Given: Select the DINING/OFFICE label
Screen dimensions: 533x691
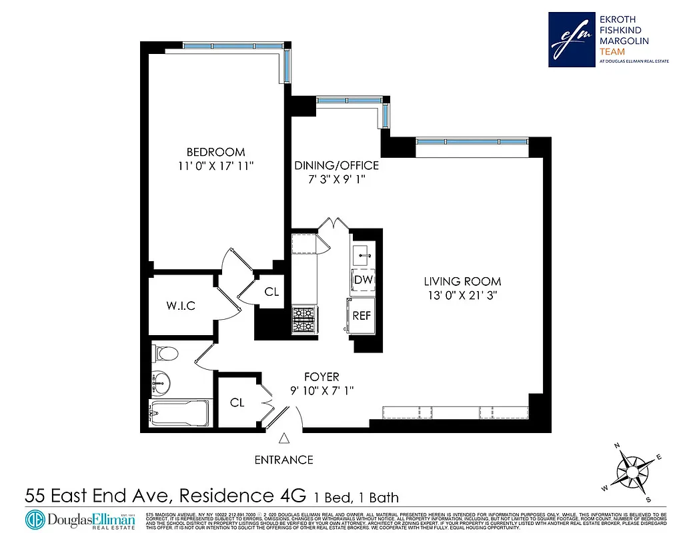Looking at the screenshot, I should pyautogui.click(x=337, y=166).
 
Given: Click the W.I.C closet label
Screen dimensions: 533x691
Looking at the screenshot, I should pyautogui.click(x=181, y=306).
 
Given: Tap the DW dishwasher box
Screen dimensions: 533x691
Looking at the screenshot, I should pyautogui.click(x=363, y=280).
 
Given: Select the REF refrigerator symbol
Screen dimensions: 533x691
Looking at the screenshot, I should pyautogui.click(x=362, y=316).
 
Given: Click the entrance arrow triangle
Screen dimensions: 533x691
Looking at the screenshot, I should pyautogui.click(x=284, y=438).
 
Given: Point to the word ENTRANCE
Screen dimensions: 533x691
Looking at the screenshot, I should pyautogui.click(x=284, y=460).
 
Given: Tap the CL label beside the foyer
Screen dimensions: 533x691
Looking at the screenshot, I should pyautogui.click(x=237, y=402).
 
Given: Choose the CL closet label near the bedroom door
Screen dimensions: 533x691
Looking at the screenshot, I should pyautogui.click(x=271, y=292).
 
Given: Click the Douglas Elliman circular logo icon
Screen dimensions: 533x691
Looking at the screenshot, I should pyautogui.click(x=35, y=519).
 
